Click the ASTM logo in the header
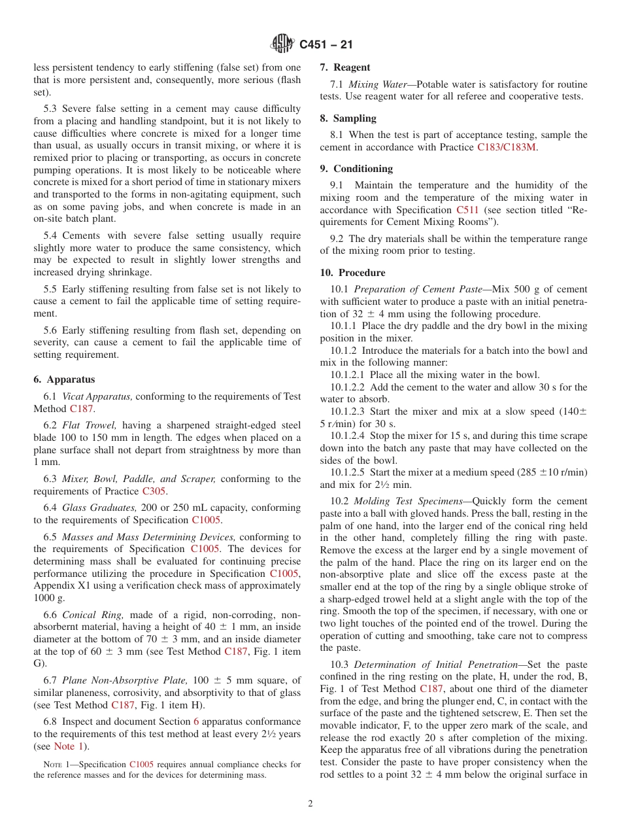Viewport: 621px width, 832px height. coord(283,44)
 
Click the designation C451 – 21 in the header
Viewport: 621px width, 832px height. coord(326,44)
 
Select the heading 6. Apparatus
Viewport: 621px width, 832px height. coord(64,379)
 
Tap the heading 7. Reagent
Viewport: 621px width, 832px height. coord(345,67)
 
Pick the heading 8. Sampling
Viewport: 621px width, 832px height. coord(348,118)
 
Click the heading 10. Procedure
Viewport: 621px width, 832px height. coord(352,273)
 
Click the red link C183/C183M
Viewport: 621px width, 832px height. coord(507,147)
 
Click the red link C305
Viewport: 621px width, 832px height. coord(154,491)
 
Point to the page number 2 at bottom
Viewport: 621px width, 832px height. coord(310,804)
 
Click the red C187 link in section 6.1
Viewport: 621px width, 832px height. coord(82,409)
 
